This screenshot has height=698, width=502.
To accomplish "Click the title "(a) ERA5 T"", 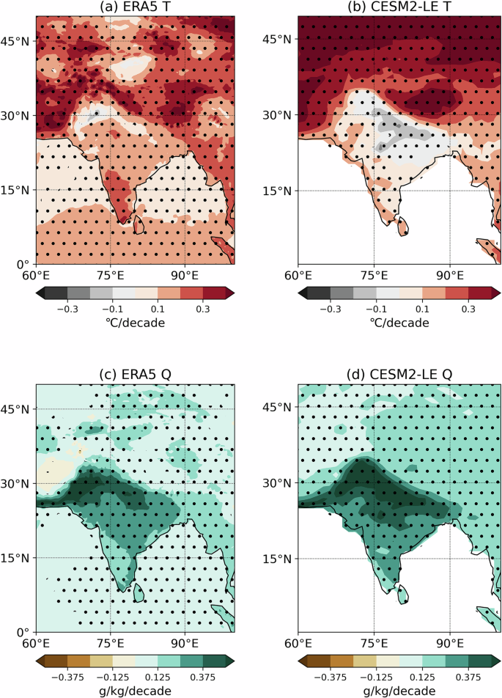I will click(135, 7).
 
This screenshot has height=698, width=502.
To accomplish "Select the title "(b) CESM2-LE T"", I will click(399, 7).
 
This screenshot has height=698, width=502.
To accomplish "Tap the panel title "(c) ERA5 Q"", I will click(135, 375).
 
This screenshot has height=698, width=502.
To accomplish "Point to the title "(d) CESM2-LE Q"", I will click(399, 375).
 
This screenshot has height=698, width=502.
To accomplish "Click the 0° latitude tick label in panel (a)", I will click(22, 265).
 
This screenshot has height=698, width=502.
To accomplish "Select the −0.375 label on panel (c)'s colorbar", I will click(67, 677).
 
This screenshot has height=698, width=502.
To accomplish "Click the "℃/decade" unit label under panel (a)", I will click(135, 323).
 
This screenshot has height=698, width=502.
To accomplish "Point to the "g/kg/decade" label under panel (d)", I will click(399, 691).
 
